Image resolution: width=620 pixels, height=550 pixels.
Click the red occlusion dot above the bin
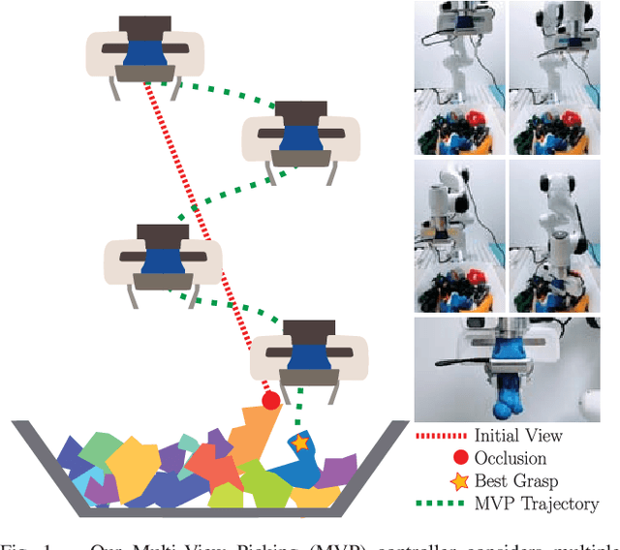click(x=270, y=399)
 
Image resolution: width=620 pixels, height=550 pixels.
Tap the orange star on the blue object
click(x=300, y=443)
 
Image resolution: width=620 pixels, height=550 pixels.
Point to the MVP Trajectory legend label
click(x=537, y=504)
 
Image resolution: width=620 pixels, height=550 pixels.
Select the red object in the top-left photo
click(x=477, y=120)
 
